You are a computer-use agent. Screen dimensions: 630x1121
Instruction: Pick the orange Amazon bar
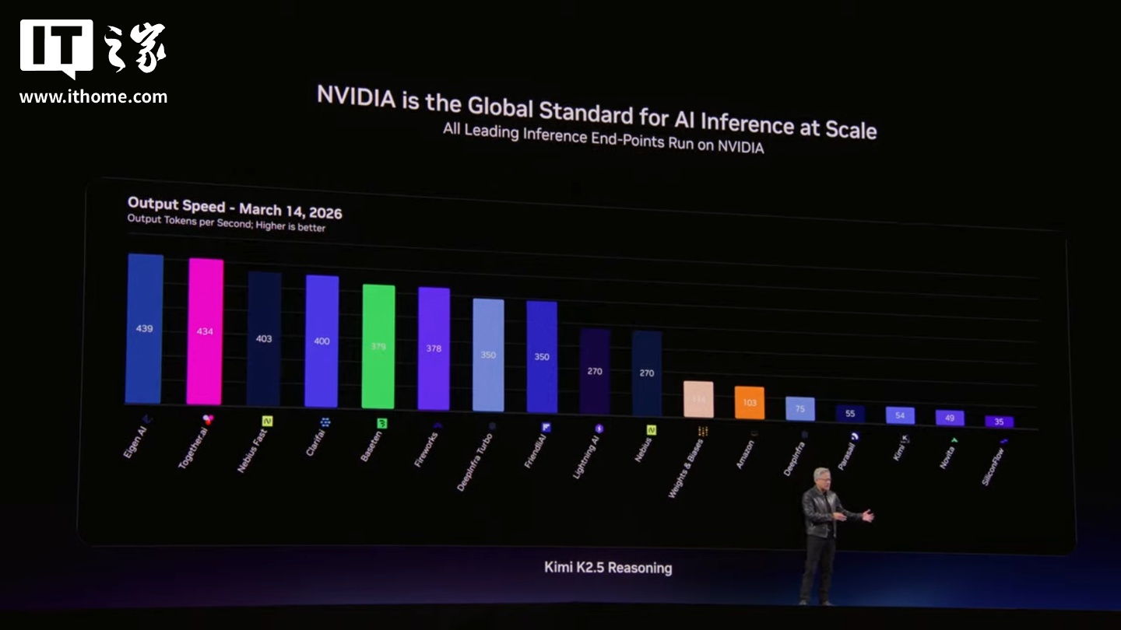749,403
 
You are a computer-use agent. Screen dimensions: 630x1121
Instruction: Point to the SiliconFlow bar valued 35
999,422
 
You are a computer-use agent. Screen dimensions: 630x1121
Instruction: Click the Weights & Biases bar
698,399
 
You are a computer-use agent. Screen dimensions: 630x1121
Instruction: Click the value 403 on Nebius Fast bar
264,338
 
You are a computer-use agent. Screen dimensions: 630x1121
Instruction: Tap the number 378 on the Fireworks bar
434,348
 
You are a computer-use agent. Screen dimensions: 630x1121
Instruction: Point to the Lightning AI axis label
585,457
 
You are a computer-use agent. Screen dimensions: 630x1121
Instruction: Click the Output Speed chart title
234,207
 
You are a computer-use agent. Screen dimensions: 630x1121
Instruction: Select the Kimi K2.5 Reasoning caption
607,567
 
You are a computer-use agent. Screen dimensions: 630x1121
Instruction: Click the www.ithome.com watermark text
93,97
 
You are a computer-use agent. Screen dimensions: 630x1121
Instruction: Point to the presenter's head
822,476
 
